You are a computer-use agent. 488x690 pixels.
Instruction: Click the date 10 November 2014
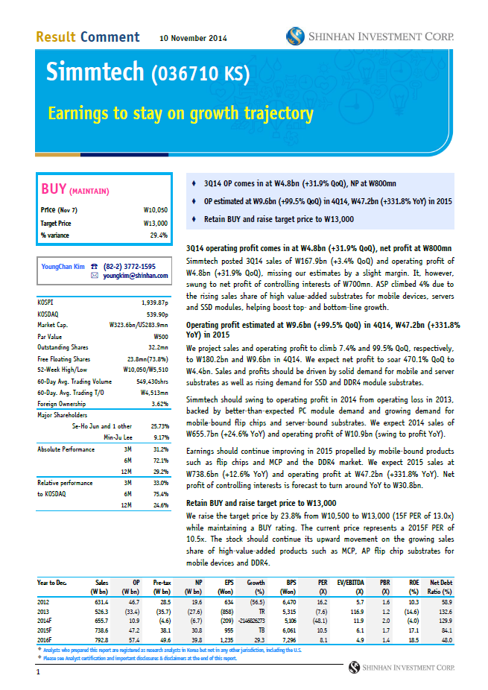[x=194, y=38]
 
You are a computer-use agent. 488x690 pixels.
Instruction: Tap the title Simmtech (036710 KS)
[x=148, y=74]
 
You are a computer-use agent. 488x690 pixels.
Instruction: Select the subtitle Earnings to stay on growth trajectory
[x=180, y=113]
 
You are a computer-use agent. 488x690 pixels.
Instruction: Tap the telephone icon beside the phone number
[x=94, y=266]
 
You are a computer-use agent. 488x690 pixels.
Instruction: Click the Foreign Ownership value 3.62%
[x=158, y=404]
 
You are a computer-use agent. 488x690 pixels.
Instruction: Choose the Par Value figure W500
[x=159, y=335]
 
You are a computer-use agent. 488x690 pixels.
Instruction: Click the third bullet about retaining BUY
[x=278, y=219]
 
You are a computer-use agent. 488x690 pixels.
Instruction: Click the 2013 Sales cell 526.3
[x=100, y=611]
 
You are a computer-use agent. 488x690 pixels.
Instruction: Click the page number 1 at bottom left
[x=38, y=673]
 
